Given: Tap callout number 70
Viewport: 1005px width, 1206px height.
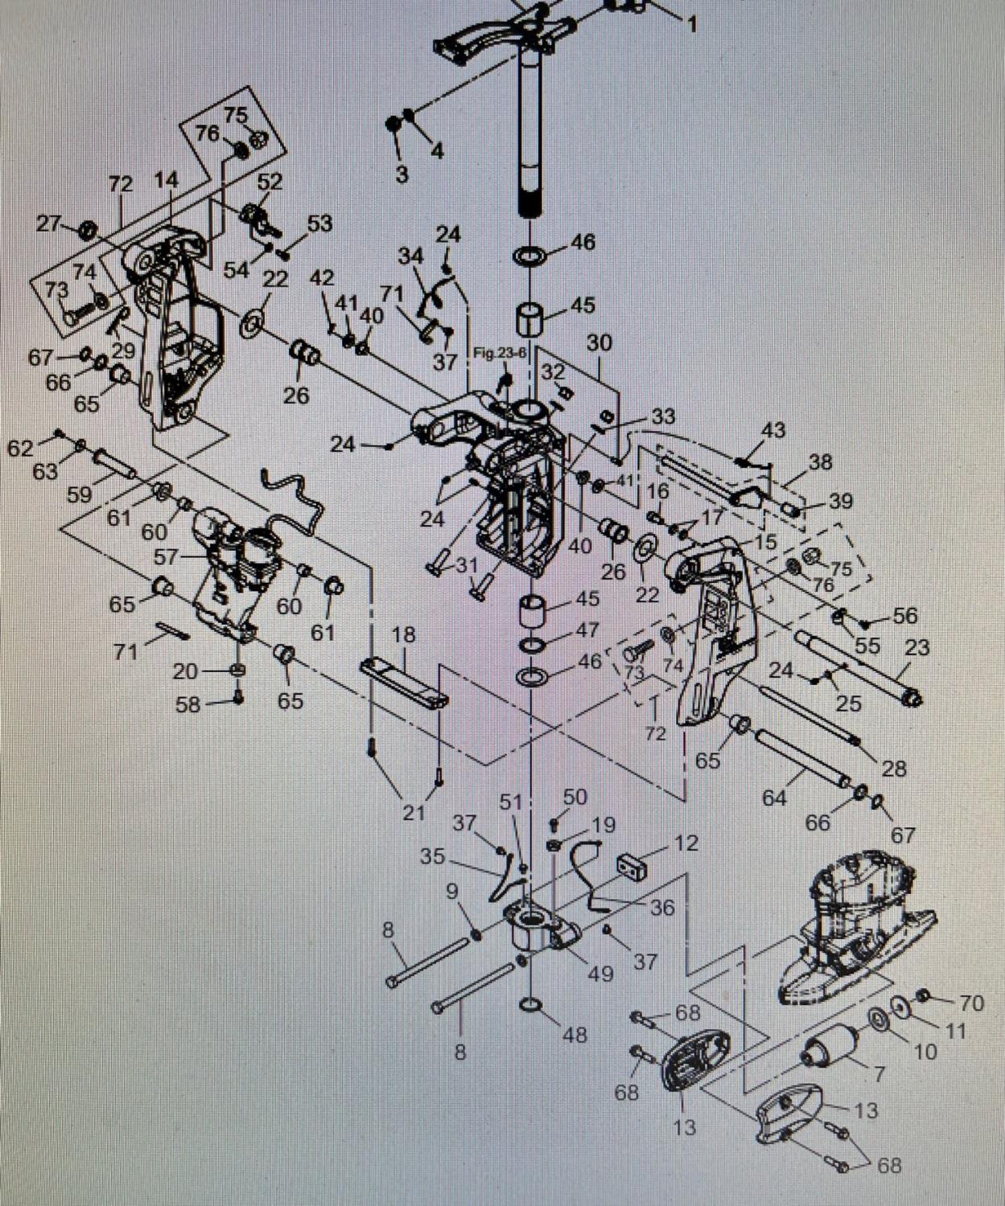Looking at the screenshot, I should click(972, 1003).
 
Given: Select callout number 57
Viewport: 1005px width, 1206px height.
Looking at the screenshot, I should click(167, 556).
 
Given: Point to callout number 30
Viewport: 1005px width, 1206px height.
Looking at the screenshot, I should click(599, 343).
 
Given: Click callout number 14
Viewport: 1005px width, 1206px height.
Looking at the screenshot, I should click(166, 180).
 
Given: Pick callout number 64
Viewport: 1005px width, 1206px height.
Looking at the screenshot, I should click(774, 798).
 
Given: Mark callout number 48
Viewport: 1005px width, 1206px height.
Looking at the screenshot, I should click(575, 1034).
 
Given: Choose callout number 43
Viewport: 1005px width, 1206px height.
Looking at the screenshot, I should click(772, 430).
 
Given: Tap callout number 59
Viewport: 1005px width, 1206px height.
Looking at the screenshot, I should click(79, 494).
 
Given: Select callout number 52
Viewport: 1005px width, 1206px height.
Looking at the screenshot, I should click(270, 182).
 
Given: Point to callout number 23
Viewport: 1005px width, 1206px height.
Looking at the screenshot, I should click(916, 647).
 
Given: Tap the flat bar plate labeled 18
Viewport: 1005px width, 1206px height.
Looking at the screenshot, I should click(404, 680).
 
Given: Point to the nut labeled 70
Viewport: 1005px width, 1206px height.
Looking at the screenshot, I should click(924, 997).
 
